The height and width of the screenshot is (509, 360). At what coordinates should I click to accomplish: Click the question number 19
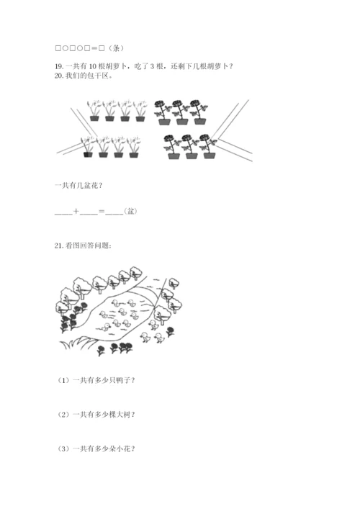(x=59, y=66)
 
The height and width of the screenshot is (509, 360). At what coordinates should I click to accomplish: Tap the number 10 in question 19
(x=92, y=66)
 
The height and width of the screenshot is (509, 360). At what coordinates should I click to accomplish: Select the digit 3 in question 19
(x=152, y=66)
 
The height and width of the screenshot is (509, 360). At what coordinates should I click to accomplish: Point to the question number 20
(x=59, y=76)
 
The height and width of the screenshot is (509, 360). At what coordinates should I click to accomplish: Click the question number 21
(x=59, y=246)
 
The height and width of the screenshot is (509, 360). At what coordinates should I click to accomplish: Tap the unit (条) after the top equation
(x=115, y=48)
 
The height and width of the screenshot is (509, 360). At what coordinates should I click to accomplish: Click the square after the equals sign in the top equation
(x=102, y=48)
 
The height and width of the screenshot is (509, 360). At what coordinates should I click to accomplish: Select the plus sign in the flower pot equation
(x=76, y=212)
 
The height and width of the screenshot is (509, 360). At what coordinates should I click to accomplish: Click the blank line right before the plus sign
(x=63, y=214)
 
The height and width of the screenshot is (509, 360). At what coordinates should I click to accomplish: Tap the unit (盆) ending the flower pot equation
(x=131, y=212)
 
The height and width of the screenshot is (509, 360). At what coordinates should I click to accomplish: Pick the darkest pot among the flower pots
(x=88, y=155)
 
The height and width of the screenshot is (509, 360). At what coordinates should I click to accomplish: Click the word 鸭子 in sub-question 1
(x=123, y=380)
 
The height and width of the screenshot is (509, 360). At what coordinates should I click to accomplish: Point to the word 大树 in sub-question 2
(x=123, y=415)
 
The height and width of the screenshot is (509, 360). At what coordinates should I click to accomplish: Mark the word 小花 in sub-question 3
(x=123, y=449)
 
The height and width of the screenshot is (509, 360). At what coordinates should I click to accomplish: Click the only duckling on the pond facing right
(x=106, y=327)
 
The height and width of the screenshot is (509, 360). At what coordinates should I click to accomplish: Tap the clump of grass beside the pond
(x=77, y=343)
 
